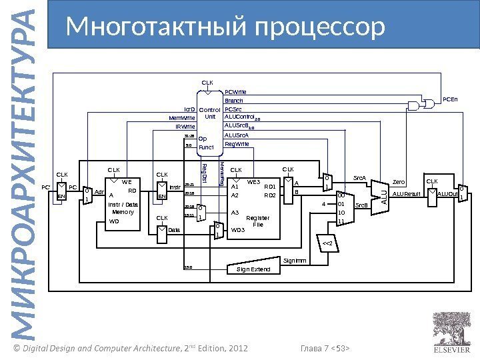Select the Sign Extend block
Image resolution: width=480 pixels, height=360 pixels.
coord(254,269)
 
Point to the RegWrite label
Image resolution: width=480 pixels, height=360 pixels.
coord(237,143)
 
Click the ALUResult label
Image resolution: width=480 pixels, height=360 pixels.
coord(405,194)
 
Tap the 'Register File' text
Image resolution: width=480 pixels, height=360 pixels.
coord(258,221)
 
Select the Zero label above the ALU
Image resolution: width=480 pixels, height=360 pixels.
coord(399,181)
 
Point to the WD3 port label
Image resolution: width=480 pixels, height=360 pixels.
coord(238,230)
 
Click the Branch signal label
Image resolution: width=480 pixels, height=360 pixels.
coord(233,101)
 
